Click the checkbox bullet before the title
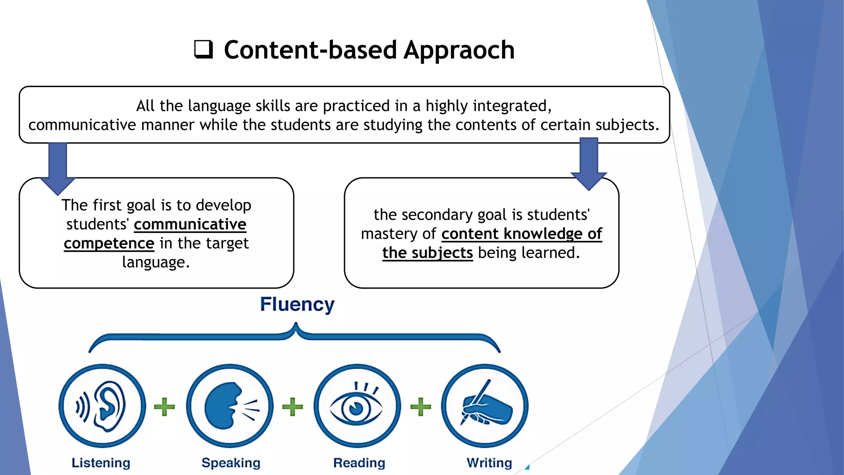(204, 49)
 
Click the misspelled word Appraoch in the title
(459, 50)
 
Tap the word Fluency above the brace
(297, 305)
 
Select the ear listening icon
(102, 406)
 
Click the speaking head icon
(230, 406)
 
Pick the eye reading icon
(357, 406)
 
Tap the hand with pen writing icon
(485, 406)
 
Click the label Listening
(101, 463)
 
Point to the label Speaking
(231, 463)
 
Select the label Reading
(359, 463)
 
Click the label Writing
(489, 463)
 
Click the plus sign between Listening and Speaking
(164, 407)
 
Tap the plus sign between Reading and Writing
(421, 407)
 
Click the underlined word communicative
(190, 224)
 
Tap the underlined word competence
(109, 243)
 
